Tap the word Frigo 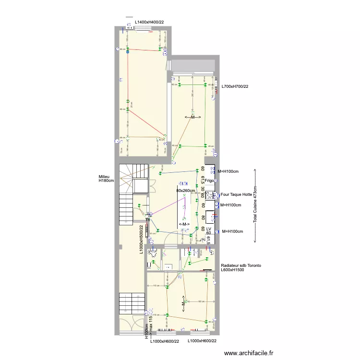tap(209, 180)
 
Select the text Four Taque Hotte tap(237, 194)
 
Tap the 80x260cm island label tap(186, 191)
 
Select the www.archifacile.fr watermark tap(249, 353)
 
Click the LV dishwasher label tap(209, 229)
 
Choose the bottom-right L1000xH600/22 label tap(202, 341)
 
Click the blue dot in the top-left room tap(128, 52)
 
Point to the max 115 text tap(151, 324)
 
